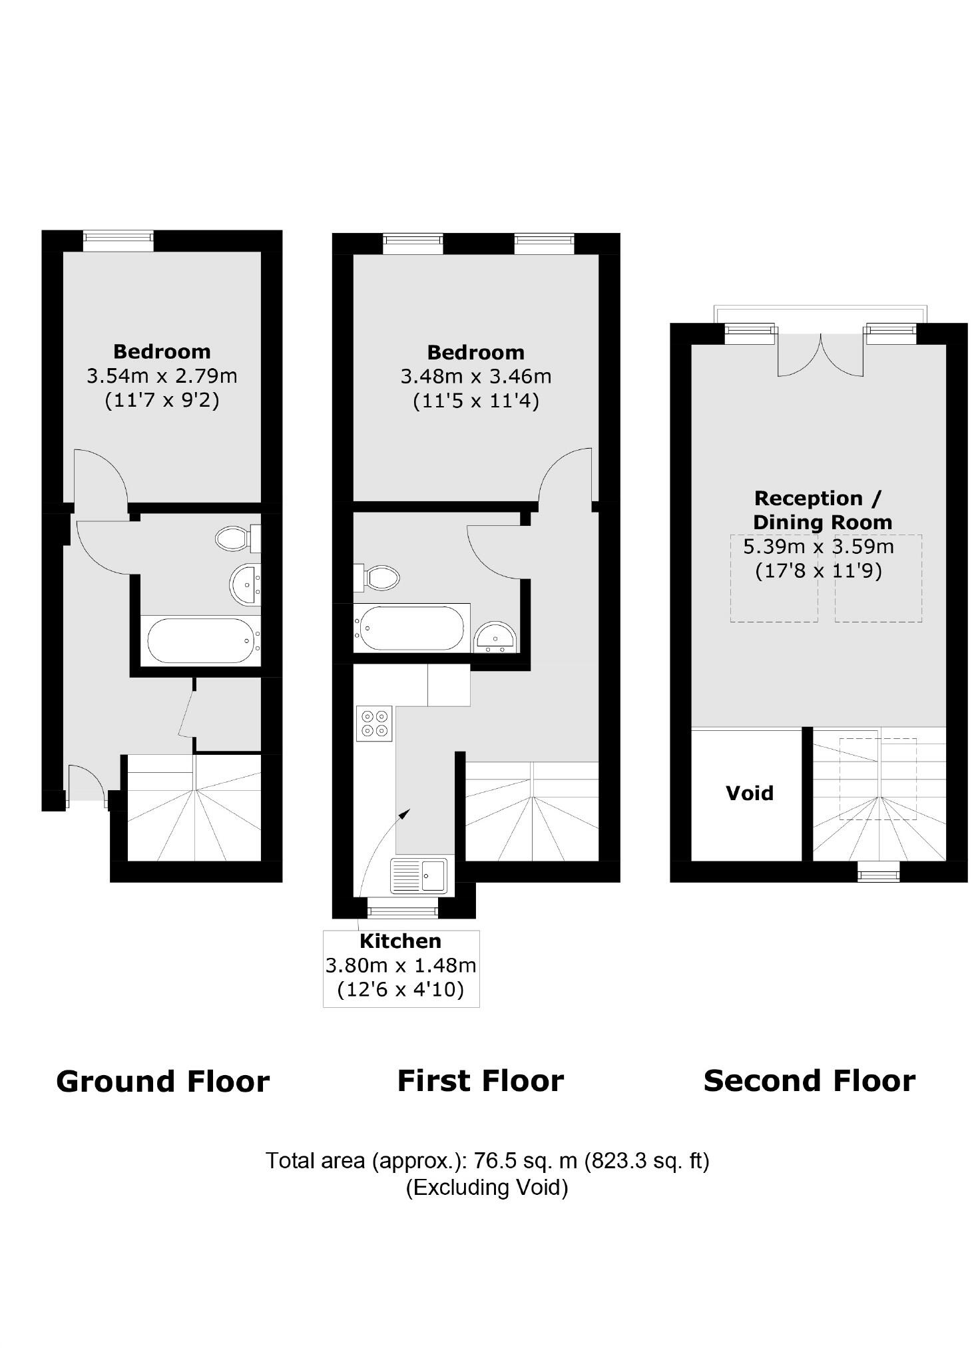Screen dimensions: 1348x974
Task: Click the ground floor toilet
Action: click(x=236, y=539)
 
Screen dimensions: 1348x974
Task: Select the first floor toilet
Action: click(x=377, y=577)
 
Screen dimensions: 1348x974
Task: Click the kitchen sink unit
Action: click(x=419, y=875)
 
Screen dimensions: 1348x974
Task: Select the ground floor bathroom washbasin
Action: click(x=246, y=584)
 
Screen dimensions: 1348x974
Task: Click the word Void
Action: click(x=749, y=793)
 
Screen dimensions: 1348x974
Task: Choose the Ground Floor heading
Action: click(x=162, y=1082)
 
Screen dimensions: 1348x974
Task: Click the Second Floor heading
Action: click(x=809, y=1081)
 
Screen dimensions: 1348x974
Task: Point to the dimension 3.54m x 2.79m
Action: click(x=162, y=376)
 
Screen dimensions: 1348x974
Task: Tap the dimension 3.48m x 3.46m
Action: click(x=475, y=377)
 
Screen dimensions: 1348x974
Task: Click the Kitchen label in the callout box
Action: click(x=400, y=941)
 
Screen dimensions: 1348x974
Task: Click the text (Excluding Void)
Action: click(x=487, y=1187)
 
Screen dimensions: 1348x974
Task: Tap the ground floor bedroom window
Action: click(x=118, y=241)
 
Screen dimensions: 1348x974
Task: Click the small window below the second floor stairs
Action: click(x=878, y=871)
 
